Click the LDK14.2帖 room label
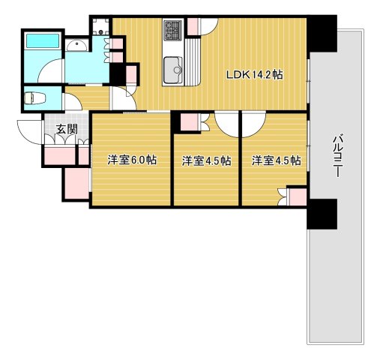pyautogui.click(x=255, y=74)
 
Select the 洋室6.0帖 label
pyautogui.click(x=131, y=160)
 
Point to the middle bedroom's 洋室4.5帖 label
pyautogui.click(x=206, y=160)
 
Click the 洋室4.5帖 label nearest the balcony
pyautogui.click(x=276, y=160)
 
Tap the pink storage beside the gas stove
pyautogui.click(x=193, y=25)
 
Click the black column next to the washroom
pyautogui.click(x=117, y=74)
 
